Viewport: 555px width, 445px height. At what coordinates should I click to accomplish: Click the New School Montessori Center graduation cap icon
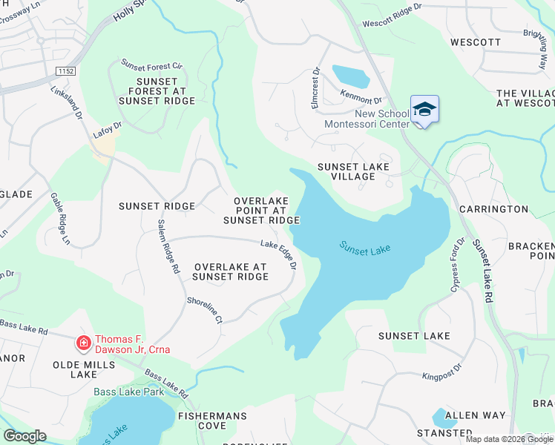(424, 110)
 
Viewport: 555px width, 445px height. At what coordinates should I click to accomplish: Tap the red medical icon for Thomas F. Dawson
(84, 343)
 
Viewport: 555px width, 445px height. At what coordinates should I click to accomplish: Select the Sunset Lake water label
(365, 248)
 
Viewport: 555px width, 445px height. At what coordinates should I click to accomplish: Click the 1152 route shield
(65, 70)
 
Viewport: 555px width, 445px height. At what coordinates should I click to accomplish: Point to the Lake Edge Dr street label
(279, 255)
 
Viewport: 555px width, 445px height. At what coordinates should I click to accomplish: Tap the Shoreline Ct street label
(204, 311)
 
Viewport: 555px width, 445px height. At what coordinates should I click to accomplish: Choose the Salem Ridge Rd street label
(168, 247)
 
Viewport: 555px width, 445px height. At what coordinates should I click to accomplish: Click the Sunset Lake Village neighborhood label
(353, 172)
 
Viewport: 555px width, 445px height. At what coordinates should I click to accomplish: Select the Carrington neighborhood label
(493, 209)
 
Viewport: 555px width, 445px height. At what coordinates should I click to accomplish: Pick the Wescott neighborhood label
(476, 42)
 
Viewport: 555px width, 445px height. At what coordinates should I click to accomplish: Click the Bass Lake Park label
(128, 392)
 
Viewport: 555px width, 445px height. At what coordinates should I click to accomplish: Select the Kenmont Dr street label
(361, 96)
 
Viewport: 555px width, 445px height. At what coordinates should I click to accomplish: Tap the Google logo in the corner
(24, 436)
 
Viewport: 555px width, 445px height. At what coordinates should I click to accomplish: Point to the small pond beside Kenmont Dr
(351, 76)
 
